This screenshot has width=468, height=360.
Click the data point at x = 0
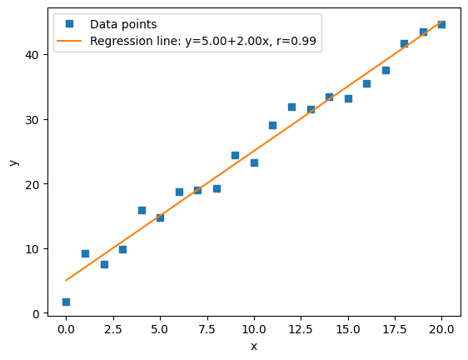[66, 302]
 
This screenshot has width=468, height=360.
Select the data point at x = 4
[142, 210]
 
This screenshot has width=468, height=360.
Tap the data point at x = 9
[235, 155]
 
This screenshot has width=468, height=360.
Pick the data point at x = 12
[291, 107]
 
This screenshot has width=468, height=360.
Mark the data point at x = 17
[386, 70]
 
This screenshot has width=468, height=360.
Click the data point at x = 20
[441, 24]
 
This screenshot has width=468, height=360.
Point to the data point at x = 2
[104, 264]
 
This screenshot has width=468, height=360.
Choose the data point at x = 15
[348, 98]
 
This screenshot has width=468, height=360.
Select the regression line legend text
[202, 41]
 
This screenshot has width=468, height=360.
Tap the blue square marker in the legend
[72, 25]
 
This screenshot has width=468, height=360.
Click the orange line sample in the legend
[72, 41]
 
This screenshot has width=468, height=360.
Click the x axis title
[254, 346]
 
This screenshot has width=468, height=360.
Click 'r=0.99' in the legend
[299, 41]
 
